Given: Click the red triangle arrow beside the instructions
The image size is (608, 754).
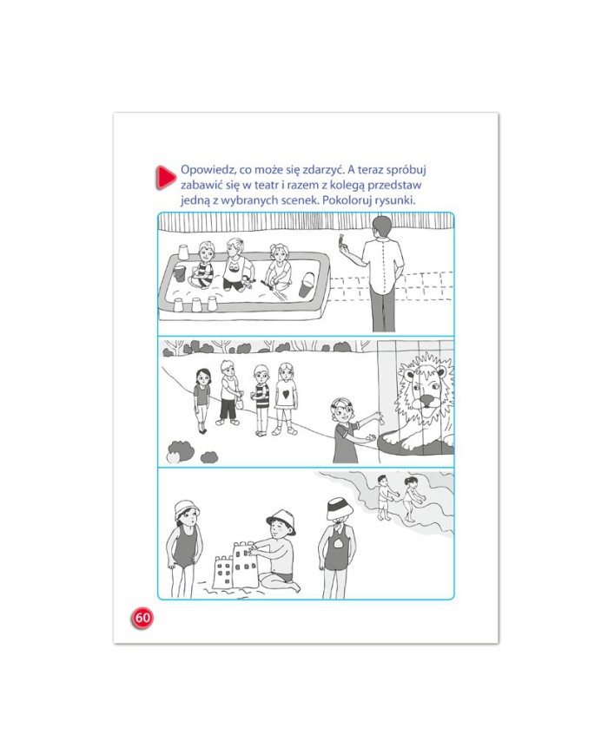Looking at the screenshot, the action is (164, 176).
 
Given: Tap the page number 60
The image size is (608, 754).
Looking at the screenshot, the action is (142, 617).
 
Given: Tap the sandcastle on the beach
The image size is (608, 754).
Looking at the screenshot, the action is (236, 566).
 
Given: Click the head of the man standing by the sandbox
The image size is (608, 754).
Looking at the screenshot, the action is (382, 227).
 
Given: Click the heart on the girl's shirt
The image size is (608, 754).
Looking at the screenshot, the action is (286, 394).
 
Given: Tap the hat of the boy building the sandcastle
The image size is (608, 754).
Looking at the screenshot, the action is (281, 521).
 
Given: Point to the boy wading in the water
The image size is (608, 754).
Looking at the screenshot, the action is (386, 497).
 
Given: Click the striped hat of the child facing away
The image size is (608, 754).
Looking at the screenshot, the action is (340, 509).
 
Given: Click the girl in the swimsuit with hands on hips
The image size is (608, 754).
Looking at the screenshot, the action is (183, 548).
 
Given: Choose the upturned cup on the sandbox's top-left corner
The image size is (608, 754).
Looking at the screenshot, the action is (183, 252).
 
